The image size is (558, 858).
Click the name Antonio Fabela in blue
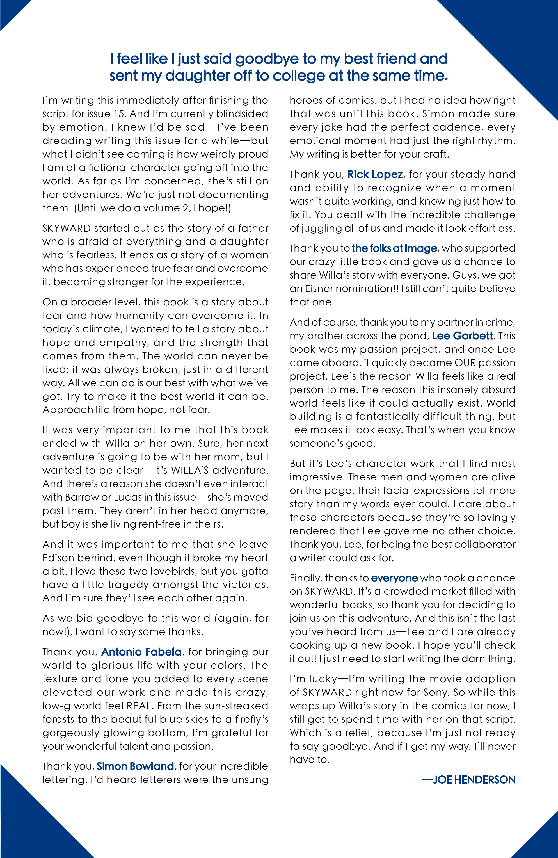141,652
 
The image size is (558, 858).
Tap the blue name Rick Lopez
375,174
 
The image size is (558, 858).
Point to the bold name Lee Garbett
463,336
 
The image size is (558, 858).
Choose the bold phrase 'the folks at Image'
394,248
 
